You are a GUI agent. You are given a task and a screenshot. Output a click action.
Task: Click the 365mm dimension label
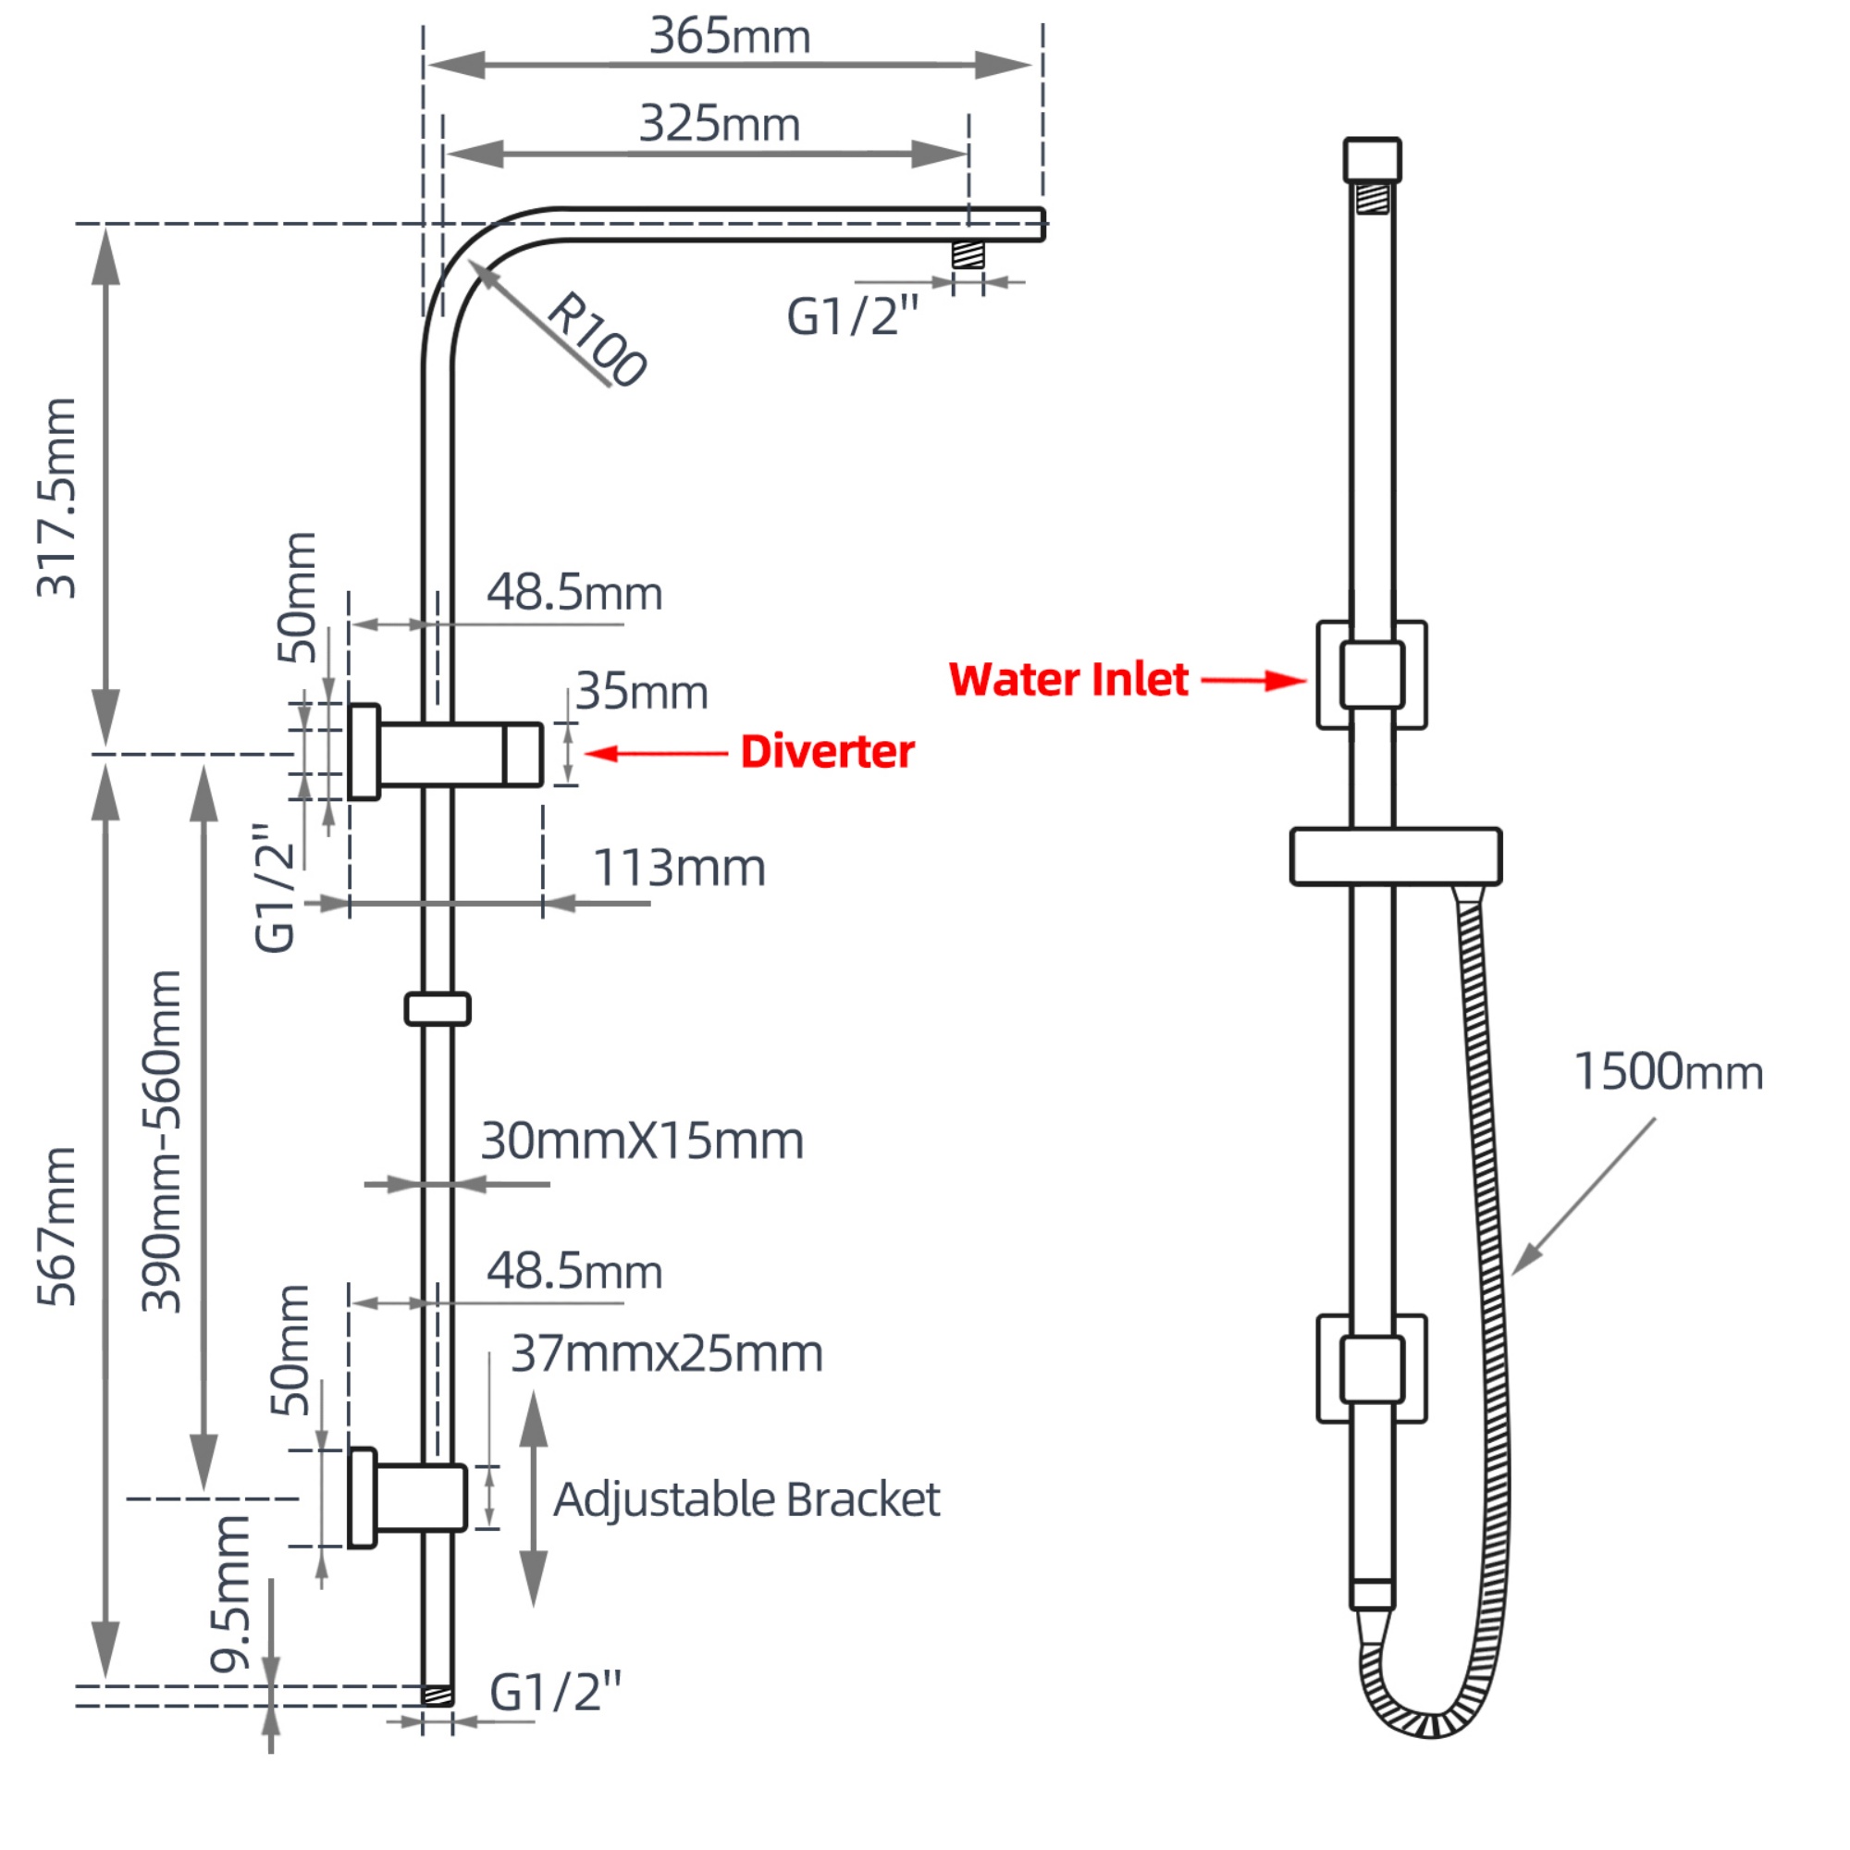[730, 36]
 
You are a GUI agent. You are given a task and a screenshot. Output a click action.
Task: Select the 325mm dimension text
[719, 125]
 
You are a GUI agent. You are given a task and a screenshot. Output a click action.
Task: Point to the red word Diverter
[827, 752]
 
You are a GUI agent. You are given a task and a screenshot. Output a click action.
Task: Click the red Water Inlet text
[1068, 680]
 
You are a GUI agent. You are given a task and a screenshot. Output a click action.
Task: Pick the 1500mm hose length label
[1668, 1071]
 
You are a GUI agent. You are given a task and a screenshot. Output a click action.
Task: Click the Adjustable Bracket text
[746, 1499]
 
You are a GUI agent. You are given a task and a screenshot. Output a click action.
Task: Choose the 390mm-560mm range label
[161, 1140]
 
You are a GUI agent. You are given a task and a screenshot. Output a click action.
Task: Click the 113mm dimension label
[679, 869]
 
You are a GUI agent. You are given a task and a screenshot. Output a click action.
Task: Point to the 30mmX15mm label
[642, 1141]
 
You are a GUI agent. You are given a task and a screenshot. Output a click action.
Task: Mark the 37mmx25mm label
[666, 1354]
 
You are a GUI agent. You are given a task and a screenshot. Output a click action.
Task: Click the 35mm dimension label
[642, 691]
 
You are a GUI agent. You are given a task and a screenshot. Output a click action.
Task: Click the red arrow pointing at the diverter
[655, 754]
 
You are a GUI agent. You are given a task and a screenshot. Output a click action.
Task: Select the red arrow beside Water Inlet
[1252, 681]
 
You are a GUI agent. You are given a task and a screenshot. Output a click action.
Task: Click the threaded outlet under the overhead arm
[968, 254]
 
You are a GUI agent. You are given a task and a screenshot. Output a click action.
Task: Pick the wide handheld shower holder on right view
[1395, 856]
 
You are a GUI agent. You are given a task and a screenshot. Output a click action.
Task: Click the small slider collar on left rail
[437, 1009]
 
